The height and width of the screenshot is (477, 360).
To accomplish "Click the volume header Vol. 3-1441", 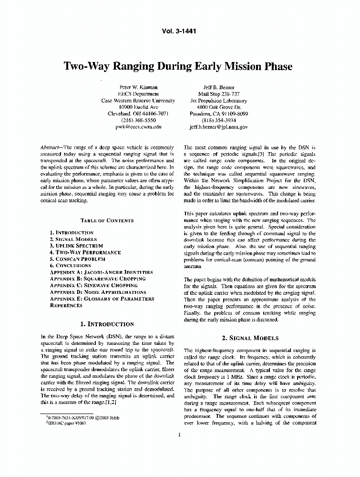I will [x=180, y=31].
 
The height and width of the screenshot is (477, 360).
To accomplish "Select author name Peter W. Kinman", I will [x=138, y=87].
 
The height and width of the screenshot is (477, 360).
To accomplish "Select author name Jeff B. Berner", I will [x=218, y=87].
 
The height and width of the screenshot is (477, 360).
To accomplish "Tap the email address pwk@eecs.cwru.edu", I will [x=138, y=127].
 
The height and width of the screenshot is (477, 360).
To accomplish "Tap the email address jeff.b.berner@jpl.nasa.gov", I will [x=218, y=127].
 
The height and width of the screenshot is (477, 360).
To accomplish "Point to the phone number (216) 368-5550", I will [x=138, y=120].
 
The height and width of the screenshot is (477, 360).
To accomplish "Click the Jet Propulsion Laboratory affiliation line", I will [x=218, y=101].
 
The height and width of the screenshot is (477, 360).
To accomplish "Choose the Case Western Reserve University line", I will [x=138, y=101].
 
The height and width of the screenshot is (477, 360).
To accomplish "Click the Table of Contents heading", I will [x=107, y=221].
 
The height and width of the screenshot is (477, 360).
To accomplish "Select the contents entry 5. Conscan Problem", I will [x=77, y=259].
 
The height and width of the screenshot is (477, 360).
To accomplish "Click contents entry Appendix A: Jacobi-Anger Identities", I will [x=101, y=272].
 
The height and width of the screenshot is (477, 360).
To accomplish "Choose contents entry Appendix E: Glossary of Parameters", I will [x=102, y=299].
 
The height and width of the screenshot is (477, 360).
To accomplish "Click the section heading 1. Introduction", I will [x=107, y=324].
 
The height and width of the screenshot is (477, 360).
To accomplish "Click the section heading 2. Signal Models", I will [x=249, y=338].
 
